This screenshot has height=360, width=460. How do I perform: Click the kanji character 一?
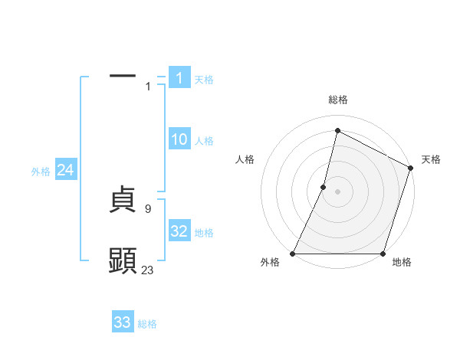[123, 77]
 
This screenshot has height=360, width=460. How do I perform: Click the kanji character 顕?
[123, 261]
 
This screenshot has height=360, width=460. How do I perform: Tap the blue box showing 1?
[179, 78]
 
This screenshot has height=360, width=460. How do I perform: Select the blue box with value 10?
[179, 139]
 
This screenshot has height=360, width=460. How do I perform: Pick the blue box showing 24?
[66, 171]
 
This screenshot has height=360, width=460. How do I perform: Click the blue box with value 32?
[179, 231]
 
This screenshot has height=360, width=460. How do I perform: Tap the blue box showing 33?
[123, 322]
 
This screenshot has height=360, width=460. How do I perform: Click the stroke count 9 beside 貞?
[148, 208]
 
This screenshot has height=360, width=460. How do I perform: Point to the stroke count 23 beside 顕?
[148, 270]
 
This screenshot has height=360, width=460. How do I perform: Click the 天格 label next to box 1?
[204, 79]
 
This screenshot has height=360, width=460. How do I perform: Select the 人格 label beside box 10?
[204, 141]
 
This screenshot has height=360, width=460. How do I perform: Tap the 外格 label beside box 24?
[41, 172]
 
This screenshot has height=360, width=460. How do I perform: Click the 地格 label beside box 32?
[204, 233]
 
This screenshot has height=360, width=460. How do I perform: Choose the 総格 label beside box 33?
[147, 324]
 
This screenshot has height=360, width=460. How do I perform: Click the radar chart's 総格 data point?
[337, 130]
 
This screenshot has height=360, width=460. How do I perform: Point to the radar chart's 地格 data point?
[383, 254]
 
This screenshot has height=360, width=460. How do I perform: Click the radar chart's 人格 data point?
[324, 187]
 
